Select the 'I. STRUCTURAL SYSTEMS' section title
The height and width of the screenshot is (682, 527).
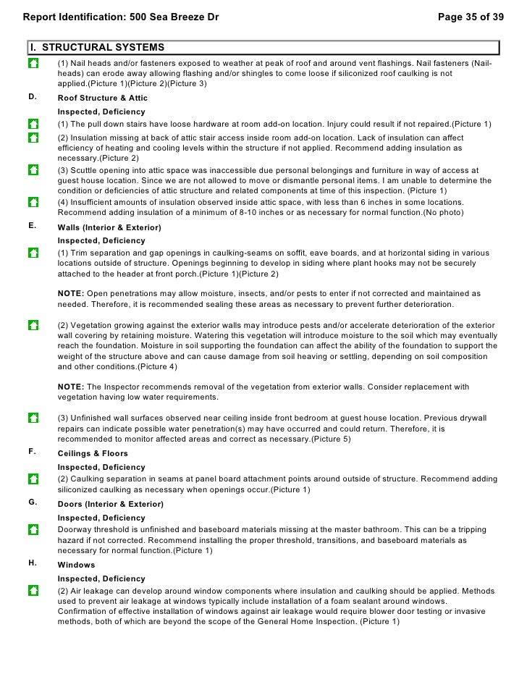click(x=97, y=48)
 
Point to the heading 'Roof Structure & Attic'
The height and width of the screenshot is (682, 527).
click(x=102, y=98)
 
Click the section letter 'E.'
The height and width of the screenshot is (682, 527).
click(x=33, y=227)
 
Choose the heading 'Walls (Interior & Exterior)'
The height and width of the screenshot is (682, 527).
click(x=109, y=227)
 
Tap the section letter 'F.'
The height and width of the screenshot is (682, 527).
click(x=33, y=452)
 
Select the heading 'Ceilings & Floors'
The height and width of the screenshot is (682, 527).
click(x=93, y=453)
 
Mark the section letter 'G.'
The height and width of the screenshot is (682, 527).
click(x=33, y=503)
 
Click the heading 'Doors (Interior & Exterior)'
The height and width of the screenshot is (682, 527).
click(x=110, y=504)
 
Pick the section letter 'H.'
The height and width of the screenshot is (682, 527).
click(x=33, y=564)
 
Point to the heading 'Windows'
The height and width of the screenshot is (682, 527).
click(x=76, y=565)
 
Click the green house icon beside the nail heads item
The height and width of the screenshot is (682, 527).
click(x=33, y=64)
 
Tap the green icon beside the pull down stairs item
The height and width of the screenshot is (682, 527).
click(x=33, y=124)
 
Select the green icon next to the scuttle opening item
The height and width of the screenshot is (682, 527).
click(x=33, y=170)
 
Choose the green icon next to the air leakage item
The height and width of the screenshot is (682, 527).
click(x=33, y=591)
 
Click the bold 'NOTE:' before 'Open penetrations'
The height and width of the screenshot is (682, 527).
click(x=71, y=294)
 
